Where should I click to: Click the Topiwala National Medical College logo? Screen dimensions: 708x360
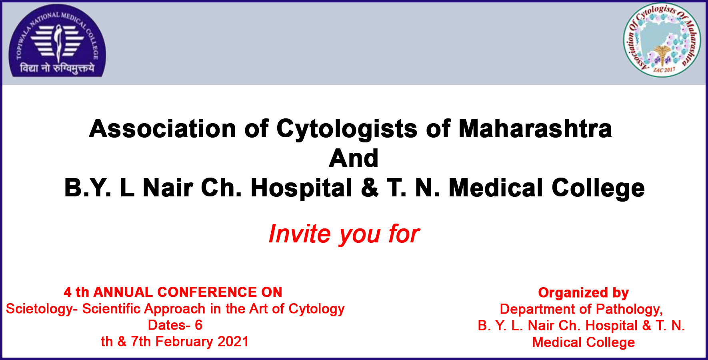(x=57, y=41)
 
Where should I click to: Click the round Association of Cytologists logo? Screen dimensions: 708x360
(x=662, y=40)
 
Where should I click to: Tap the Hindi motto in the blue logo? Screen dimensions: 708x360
(x=57, y=68)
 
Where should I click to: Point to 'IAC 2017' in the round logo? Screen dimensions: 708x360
(x=664, y=70)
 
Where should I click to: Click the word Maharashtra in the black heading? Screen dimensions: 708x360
(x=535, y=129)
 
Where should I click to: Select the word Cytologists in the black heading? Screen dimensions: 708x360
(x=347, y=129)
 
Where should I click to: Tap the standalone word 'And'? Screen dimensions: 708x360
(x=354, y=158)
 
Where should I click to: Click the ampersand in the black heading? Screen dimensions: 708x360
(x=370, y=188)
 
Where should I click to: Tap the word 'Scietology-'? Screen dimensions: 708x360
(x=42, y=309)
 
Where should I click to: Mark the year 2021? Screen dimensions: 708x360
(x=233, y=342)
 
